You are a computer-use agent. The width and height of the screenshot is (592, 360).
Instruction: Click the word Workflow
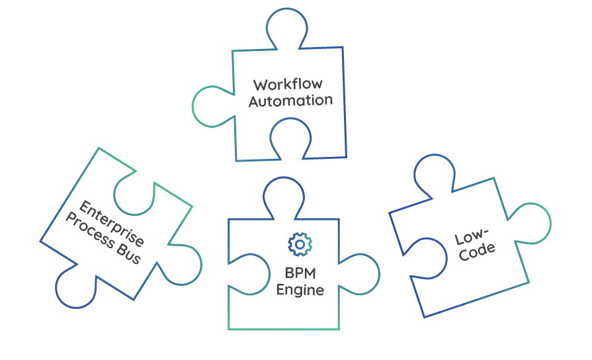288,85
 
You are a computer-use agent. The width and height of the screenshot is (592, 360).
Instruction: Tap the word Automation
290,101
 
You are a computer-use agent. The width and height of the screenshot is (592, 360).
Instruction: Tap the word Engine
300,290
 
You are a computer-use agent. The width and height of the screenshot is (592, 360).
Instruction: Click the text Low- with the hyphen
472,237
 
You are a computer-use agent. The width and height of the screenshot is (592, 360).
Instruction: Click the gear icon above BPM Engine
300,244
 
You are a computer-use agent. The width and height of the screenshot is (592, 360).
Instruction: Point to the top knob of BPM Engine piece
284,196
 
